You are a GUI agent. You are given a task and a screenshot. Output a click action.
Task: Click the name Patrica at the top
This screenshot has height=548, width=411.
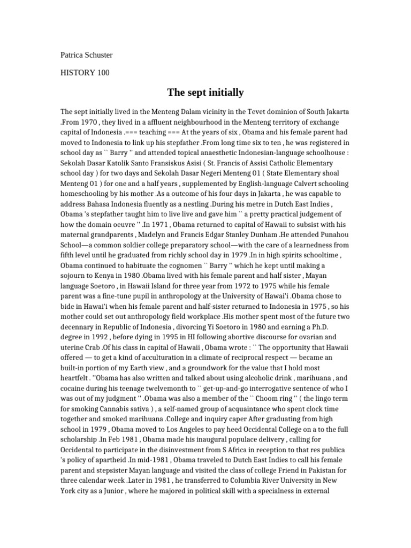pyautogui.click(x=73, y=55)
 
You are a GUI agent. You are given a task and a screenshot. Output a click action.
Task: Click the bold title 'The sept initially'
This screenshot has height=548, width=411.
pyautogui.click(x=205, y=93)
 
